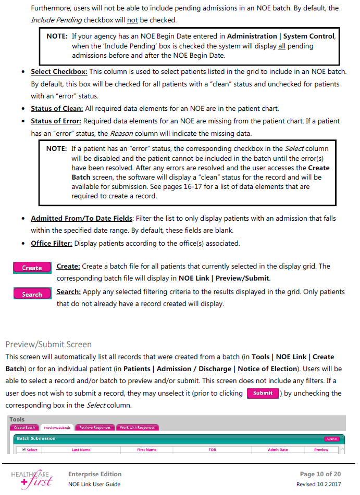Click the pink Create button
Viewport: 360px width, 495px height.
(32, 268)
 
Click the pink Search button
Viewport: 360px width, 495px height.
(32, 294)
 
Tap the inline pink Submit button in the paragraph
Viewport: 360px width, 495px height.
(263, 393)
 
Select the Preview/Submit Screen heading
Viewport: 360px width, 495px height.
(48, 344)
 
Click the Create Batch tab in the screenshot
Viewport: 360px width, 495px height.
(24, 428)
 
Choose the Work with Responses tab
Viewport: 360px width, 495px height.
(138, 428)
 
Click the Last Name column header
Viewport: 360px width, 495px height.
(81, 450)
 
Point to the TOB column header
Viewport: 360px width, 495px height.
(213, 450)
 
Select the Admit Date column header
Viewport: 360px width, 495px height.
(278, 450)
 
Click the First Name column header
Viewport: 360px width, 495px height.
(146, 450)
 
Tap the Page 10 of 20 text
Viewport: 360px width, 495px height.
(320, 474)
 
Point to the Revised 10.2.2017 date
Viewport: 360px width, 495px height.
(319, 484)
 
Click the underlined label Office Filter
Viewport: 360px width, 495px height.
(51, 243)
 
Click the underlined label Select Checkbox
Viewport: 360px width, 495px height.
(59, 72)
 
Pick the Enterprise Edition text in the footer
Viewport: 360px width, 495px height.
(95, 474)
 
